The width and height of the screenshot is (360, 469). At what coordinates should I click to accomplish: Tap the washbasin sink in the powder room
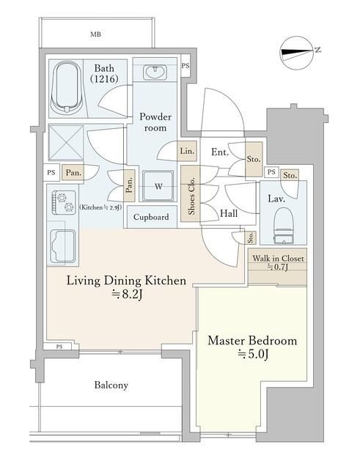(155, 73)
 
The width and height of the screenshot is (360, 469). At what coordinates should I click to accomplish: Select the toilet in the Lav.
(284, 225)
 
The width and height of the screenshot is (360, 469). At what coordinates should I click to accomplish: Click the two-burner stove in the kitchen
(64, 202)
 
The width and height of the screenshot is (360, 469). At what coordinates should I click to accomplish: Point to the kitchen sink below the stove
(62, 246)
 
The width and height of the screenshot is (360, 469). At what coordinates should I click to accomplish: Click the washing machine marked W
(158, 185)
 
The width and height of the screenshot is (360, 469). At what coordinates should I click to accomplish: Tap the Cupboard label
(151, 217)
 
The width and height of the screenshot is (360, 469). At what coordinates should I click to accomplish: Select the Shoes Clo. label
(191, 196)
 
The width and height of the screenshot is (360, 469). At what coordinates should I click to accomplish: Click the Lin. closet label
(187, 151)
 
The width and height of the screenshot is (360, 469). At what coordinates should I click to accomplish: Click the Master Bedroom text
(252, 341)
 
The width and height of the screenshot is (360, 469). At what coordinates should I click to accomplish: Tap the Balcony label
(111, 385)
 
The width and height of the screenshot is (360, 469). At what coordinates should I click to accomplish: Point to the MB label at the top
(95, 34)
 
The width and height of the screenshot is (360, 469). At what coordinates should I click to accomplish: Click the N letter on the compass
(317, 50)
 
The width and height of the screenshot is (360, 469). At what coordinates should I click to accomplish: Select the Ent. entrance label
(220, 152)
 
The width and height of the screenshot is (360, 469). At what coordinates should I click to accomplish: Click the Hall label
(229, 213)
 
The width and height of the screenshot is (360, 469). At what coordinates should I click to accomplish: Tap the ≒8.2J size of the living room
(126, 295)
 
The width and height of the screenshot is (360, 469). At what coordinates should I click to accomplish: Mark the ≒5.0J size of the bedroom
(252, 355)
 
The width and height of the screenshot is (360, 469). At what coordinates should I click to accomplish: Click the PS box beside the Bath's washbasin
(185, 65)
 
